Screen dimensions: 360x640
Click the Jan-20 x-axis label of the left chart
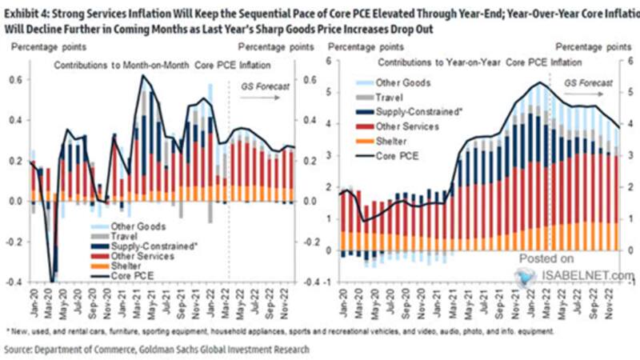(32, 304)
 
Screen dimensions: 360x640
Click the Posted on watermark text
(546, 258)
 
